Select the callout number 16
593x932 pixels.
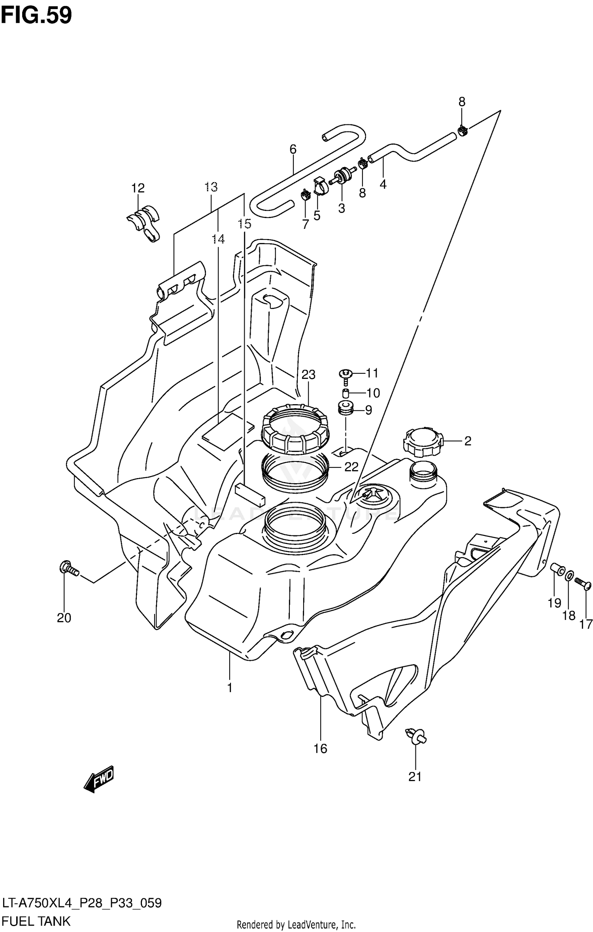point(321,748)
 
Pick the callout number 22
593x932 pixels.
point(351,467)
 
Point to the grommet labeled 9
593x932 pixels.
point(346,408)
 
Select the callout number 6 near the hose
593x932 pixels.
point(293,149)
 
